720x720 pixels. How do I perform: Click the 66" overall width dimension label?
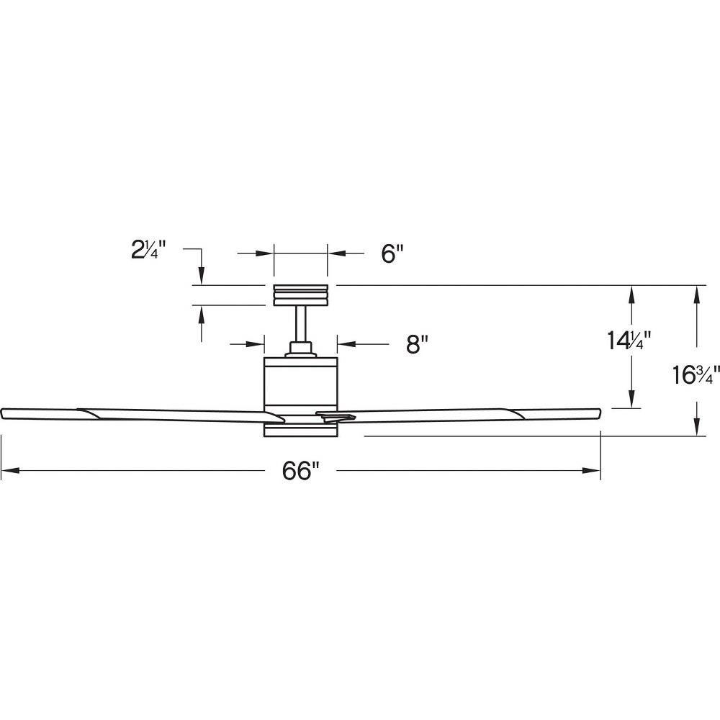(300, 470)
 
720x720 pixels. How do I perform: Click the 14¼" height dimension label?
(629, 341)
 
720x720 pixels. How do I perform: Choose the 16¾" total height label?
(696, 374)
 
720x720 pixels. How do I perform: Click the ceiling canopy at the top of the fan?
(301, 295)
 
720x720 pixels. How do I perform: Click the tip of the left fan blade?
(1, 413)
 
